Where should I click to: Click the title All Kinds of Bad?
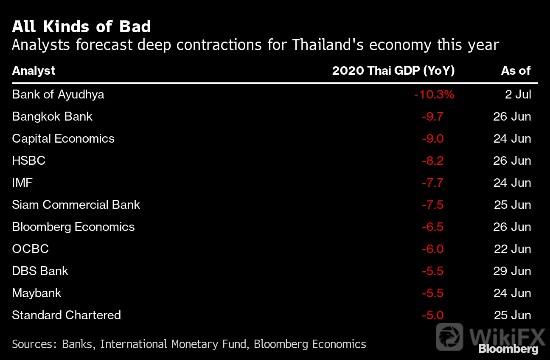[x=81, y=26]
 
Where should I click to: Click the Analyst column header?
[x=34, y=71]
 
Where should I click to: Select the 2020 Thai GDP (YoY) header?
[x=393, y=71]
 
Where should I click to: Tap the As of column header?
[x=516, y=71]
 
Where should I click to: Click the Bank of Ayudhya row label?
[x=58, y=95]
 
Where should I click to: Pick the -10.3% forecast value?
[x=434, y=95]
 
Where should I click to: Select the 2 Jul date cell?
[x=518, y=95]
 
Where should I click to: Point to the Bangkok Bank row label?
[x=52, y=117]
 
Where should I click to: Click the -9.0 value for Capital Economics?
[x=432, y=139]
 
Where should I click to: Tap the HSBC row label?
[x=29, y=160]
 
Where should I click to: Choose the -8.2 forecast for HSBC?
[x=432, y=161]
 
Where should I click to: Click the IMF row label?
[x=22, y=183]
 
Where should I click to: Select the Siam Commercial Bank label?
[x=76, y=205]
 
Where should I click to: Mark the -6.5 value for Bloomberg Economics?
[x=432, y=227]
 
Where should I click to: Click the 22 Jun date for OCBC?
[x=512, y=249]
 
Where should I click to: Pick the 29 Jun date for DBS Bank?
[x=512, y=271]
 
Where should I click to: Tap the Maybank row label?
[x=36, y=293]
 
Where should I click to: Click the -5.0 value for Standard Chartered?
[x=432, y=315]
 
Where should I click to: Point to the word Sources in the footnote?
[x=32, y=344]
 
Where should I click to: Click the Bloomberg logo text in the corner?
[x=508, y=349]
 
